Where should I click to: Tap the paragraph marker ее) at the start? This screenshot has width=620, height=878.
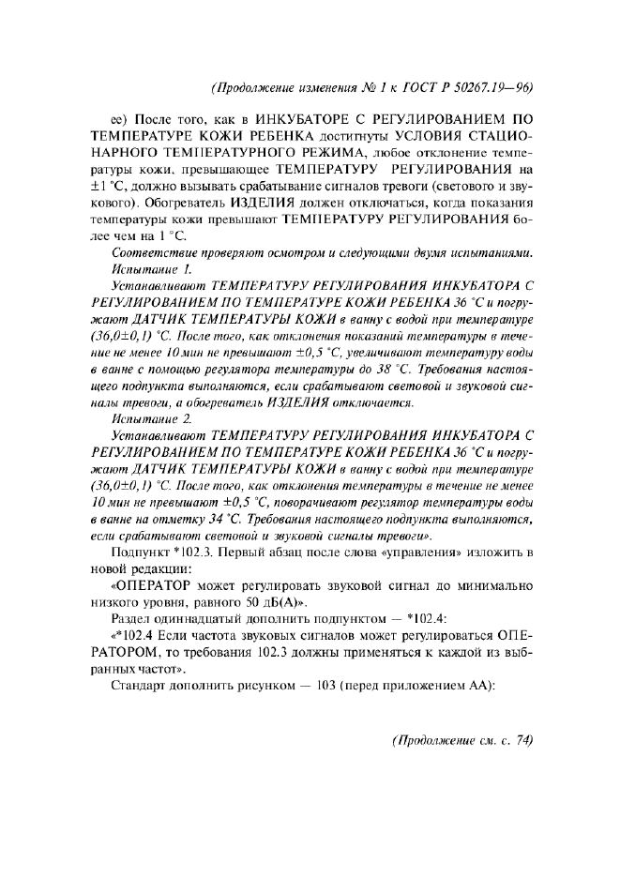tap(119, 119)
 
